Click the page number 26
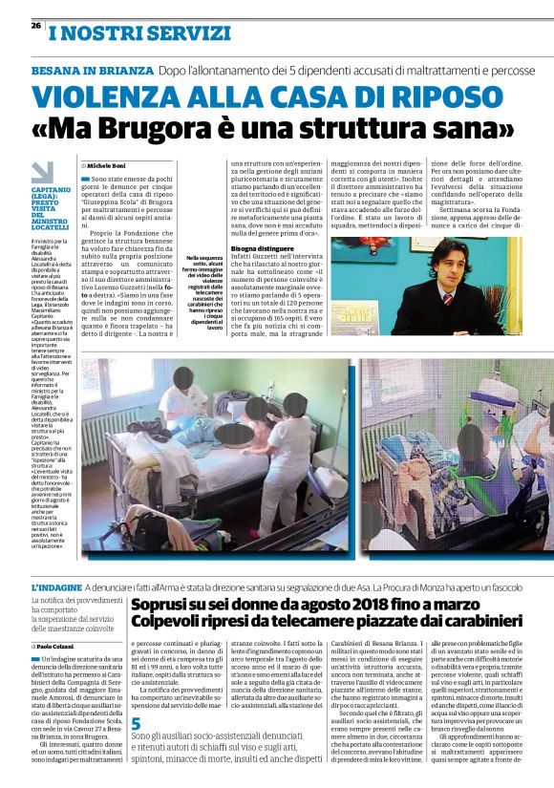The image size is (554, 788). coord(23,26)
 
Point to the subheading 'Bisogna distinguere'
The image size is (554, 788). coord(262,247)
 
